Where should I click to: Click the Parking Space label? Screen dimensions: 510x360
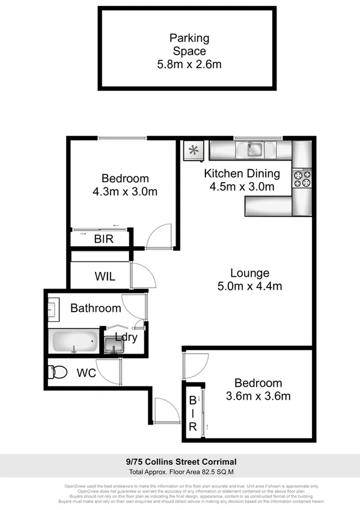(x=189, y=45)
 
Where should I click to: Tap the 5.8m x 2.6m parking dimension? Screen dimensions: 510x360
(x=189, y=64)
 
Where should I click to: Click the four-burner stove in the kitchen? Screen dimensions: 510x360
(x=302, y=177)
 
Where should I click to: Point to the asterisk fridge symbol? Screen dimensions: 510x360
(x=194, y=150)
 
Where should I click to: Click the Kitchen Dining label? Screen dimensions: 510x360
(x=242, y=174)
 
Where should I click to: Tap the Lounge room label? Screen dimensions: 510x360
(x=249, y=273)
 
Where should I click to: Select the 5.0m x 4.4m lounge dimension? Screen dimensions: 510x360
(x=249, y=286)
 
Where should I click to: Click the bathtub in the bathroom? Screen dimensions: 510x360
(x=75, y=343)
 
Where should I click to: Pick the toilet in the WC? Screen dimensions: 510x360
(x=59, y=373)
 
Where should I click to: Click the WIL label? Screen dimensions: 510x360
(x=105, y=277)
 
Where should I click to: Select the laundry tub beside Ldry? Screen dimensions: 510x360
(x=111, y=345)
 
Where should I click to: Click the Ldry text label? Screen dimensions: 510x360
(x=127, y=337)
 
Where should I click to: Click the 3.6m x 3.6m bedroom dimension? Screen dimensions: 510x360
(x=258, y=396)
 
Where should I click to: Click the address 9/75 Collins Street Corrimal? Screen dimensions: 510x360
(x=180, y=462)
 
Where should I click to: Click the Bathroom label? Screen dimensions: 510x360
(x=96, y=309)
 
